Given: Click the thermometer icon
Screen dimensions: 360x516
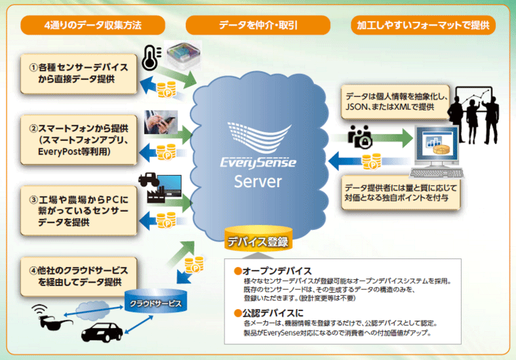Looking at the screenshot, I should click(148, 59).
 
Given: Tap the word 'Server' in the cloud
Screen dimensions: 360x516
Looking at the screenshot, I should click(258, 182).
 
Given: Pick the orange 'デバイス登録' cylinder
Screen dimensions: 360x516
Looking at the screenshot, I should click(258, 241).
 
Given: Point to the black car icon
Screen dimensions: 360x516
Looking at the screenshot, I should click(105, 332).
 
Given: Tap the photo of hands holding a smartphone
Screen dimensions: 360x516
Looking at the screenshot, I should click(161, 122).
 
